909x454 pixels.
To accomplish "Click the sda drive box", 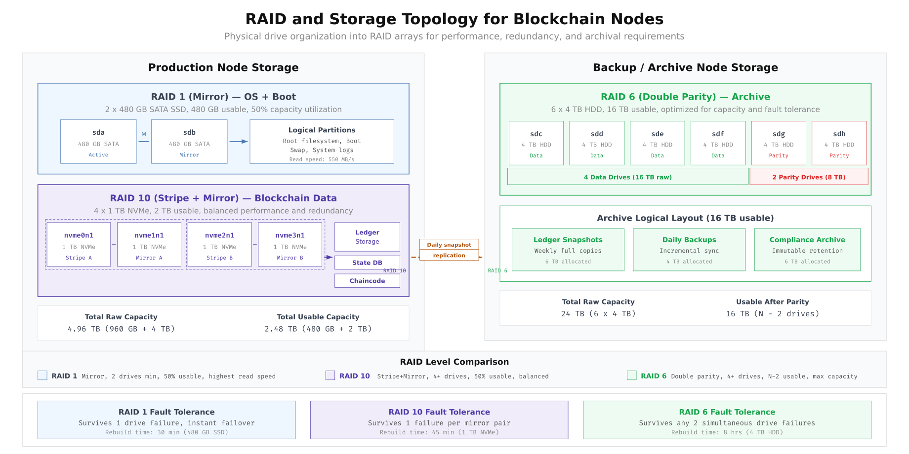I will (98, 142).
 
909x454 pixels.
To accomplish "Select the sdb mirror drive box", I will (189, 142).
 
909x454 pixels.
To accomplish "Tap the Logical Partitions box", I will (322, 142).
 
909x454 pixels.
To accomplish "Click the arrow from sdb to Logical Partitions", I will (239, 142).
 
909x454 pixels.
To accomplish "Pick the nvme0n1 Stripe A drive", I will (79, 245).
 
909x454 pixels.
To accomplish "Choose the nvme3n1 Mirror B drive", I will (290, 245).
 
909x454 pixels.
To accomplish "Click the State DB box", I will (367, 263).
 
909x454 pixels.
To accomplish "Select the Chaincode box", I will (367, 281).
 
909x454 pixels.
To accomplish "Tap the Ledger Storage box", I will (367, 237).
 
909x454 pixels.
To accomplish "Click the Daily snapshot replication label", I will (449, 250).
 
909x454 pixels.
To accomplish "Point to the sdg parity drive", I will (779, 143).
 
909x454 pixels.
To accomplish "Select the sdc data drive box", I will (536, 143).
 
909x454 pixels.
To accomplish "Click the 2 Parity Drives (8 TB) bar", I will (809, 177).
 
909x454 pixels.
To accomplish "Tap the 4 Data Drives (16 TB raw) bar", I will (627, 177).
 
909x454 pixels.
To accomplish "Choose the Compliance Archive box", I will (807, 250).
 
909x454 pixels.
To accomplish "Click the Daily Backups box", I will (689, 250).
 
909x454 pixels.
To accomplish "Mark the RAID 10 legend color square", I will (331, 376).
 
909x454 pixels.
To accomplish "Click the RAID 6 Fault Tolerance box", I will (727, 420).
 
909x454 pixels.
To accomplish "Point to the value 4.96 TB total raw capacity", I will (121, 329).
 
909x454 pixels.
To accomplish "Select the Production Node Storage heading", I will (223, 68).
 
